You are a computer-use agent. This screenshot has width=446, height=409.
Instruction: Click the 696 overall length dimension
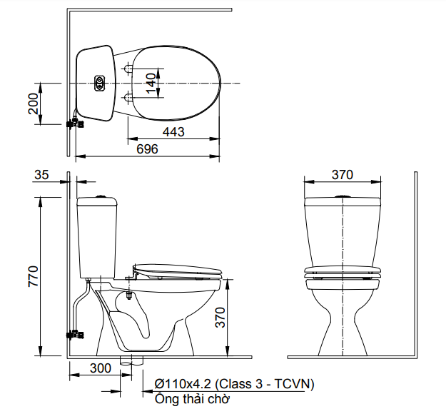coord(146,148)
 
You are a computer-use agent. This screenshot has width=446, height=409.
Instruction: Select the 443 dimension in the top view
coord(173,131)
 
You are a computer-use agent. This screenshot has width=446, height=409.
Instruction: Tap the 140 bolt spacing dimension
coord(151,83)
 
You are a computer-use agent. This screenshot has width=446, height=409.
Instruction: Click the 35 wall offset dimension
coord(41,174)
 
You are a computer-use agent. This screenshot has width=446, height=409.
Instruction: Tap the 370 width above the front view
coord(343,175)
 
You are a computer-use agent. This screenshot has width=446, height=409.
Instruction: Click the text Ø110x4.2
coord(179,384)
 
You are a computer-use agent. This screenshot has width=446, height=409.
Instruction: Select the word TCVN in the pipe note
coord(294,384)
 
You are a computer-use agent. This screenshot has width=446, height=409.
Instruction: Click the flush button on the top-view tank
coord(99,84)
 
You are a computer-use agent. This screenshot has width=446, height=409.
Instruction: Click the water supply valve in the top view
coord(74,123)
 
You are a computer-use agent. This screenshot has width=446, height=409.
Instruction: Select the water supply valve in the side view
coord(74,333)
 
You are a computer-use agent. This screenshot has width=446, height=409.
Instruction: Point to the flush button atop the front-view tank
coord(343,196)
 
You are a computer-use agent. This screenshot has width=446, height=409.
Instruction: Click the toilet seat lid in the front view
coord(343,271)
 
